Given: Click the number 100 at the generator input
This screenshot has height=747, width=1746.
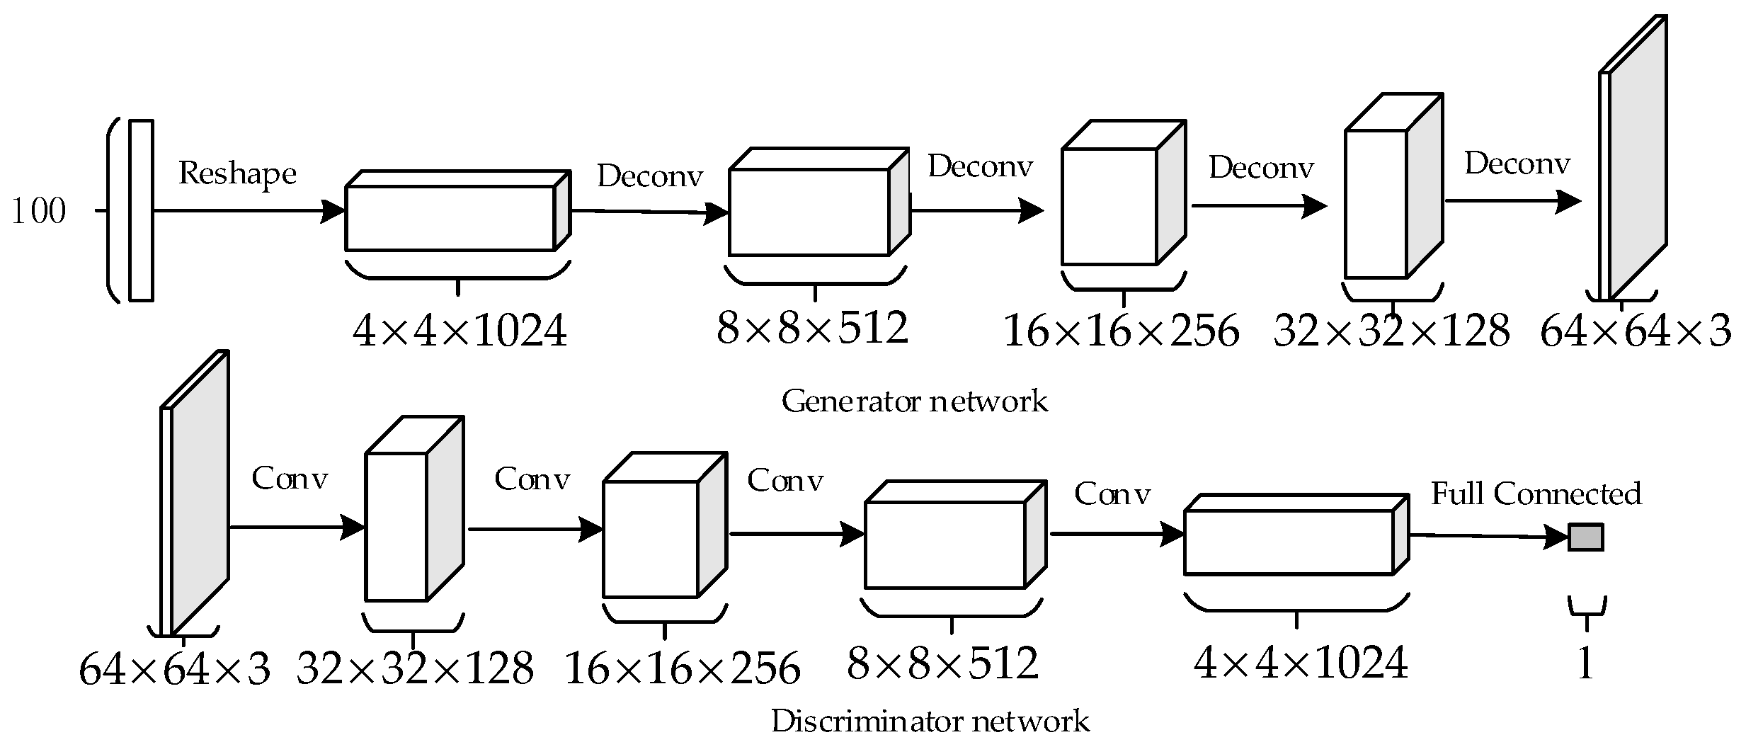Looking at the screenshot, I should point(39,211).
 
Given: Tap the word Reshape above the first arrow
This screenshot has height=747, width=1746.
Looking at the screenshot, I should point(236,173).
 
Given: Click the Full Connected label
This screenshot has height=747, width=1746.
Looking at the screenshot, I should point(1536,494).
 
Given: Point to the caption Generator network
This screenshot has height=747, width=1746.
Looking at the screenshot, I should point(914,401).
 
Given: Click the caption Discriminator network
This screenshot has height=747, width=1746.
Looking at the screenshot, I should point(930,722).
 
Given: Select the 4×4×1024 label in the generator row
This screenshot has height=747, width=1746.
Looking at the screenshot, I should point(460,331).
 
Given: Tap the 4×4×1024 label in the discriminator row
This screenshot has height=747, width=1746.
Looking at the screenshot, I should point(1301,663).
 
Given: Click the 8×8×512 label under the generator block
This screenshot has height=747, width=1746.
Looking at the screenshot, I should point(812,328).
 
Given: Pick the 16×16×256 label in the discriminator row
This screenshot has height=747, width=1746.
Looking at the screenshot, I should point(682,668).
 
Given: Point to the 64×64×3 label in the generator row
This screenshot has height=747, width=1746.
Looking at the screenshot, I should point(1636,331).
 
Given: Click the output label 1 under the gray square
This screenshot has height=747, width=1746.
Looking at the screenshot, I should point(1585,663).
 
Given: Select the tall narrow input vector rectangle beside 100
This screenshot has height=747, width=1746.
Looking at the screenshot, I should point(141,211).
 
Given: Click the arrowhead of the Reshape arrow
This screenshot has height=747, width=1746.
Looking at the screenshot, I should point(331,211).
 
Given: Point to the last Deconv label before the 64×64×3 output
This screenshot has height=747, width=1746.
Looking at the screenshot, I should point(1517,164).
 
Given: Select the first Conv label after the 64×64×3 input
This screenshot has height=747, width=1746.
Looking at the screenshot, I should point(290,479).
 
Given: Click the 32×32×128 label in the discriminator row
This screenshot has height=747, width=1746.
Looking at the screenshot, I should point(415,668).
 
